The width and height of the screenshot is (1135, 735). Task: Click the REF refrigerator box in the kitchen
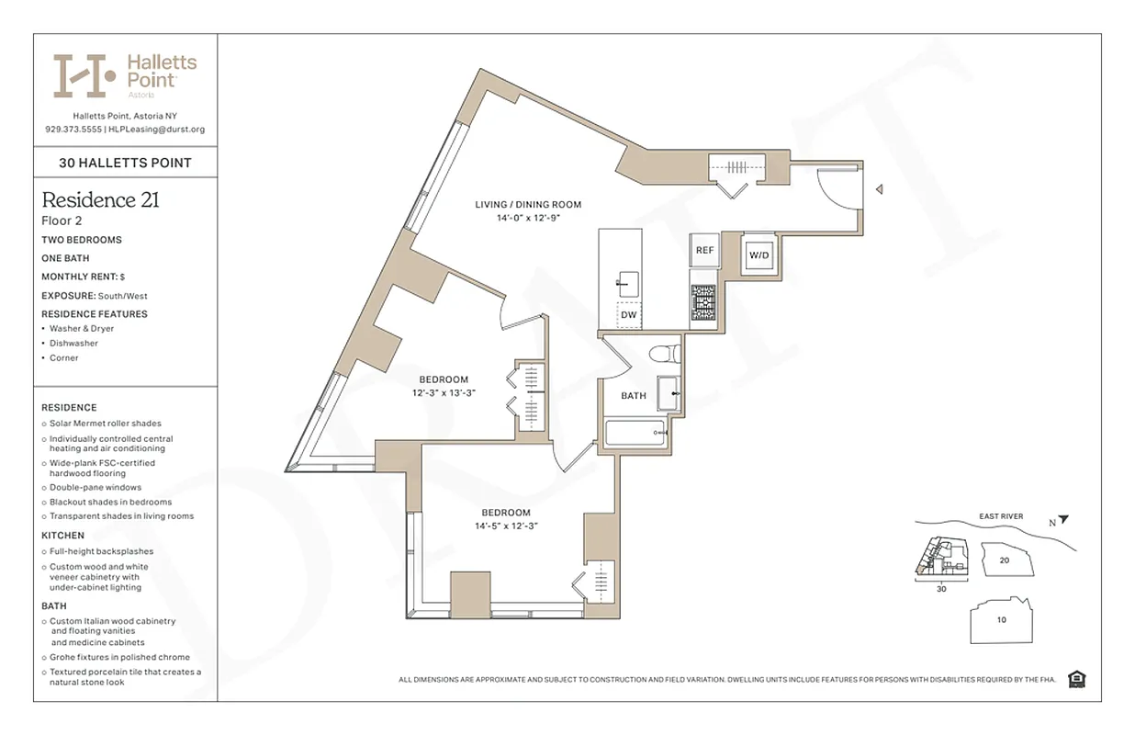[x=703, y=250]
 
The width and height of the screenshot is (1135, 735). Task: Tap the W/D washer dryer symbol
[x=759, y=254]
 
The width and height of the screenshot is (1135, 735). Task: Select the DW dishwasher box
[x=629, y=315]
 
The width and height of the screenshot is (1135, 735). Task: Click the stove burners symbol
[x=703, y=298]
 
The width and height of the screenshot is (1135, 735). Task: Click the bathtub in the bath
[x=635, y=434]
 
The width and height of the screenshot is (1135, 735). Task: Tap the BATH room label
[x=634, y=396]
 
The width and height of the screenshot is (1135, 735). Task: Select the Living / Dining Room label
[x=528, y=205]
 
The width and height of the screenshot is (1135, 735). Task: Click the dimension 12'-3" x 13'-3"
[x=444, y=393]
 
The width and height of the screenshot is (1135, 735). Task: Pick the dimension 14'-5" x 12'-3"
[x=505, y=526]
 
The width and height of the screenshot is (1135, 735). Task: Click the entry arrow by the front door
[x=879, y=190]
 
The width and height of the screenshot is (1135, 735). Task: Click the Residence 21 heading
[x=101, y=200]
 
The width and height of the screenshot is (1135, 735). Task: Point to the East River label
[x=1000, y=516]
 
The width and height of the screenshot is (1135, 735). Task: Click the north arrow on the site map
[x=1063, y=520]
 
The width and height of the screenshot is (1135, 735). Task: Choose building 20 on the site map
[x=1005, y=560]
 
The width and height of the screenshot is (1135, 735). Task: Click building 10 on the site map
[x=1002, y=619]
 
